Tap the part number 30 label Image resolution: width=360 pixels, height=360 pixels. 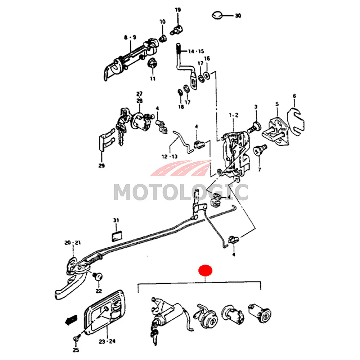[x=238, y=16]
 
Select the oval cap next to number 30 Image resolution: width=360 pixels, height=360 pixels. [x=217, y=15]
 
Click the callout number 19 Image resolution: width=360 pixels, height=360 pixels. [x=178, y=10]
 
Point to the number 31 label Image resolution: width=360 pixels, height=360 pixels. [x=116, y=220]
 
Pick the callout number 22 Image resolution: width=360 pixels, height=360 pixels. [x=99, y=291]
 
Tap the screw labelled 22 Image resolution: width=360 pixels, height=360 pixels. [x=98, y=276]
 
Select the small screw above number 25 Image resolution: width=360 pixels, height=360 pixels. [x=76, y=338]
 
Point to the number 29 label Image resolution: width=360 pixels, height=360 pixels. [x=101, y=166]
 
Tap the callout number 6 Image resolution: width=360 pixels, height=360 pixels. [x=294, y=96]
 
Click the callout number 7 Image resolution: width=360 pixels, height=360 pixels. [x=259, y=169]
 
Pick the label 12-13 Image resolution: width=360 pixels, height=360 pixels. [x=170, y=157]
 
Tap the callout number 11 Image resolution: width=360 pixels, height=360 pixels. [x=153, y=78]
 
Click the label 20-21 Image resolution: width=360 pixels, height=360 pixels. [x=73, y=243]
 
